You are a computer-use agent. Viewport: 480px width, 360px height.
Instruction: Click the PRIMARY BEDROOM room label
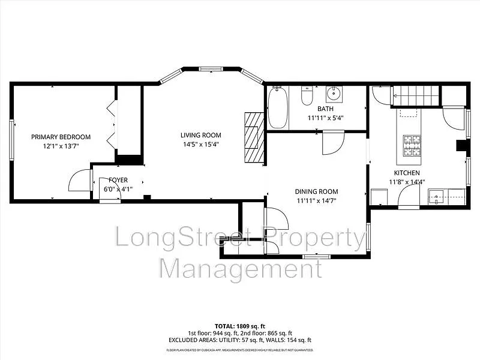tap(61, 137)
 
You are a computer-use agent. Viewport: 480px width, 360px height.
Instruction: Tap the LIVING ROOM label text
tap(201, 135)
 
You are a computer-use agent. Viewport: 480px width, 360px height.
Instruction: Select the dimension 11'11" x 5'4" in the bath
tap(325, 118)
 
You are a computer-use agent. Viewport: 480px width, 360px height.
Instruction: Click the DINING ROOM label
tap(316, 192)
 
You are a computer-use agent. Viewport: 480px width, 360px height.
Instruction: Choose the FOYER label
tap(118, 180)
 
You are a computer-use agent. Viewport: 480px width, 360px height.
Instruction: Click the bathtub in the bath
tap(277, 108)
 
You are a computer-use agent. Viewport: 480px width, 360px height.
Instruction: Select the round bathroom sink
tap(334, 94)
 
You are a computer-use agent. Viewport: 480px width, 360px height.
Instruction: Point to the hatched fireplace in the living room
tap(255, 137)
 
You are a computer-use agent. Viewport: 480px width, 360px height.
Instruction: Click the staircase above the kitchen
tap(416, 95)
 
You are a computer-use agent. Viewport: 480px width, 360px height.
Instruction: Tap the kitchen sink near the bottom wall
tap(437, 196)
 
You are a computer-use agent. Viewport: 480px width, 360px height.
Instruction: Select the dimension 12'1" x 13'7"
tap(61, 146)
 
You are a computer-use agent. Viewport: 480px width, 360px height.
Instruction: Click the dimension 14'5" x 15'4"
tap(201, 144)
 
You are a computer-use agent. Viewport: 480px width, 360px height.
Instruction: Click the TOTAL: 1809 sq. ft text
tap(239, 326)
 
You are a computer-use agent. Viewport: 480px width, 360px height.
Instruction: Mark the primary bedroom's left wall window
tap(11, 139)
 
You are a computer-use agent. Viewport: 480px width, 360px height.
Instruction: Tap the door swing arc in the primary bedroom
tap(80, 181)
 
